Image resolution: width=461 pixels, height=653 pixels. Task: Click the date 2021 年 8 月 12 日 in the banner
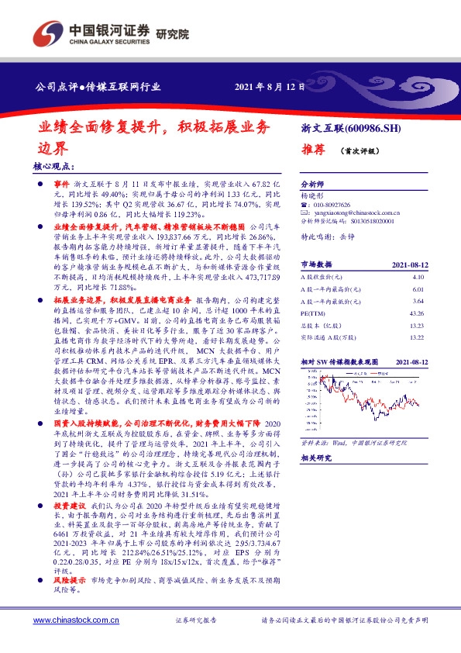click(x=270, y=86)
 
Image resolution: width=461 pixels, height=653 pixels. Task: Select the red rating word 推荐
click(x=313, y=152)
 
